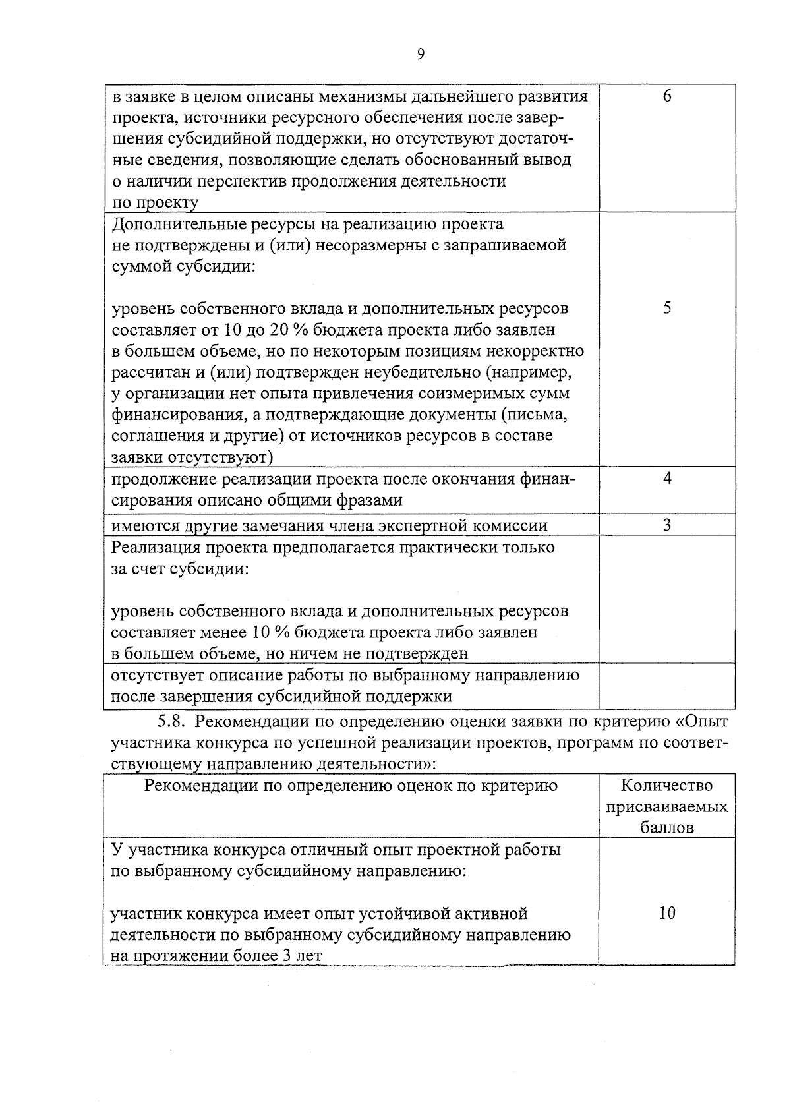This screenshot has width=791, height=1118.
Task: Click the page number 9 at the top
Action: pyautogui.click(x=421, y=55)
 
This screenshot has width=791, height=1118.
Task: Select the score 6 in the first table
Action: pyautogui.click(x=667, y=97)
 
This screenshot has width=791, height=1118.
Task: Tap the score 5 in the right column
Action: pyautogui.click(x=667, y=309)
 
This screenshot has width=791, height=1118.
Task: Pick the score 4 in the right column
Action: pyautogui.click(x=667, y=479)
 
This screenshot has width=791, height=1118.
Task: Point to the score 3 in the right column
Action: pyautogui.click(x=667, y=525)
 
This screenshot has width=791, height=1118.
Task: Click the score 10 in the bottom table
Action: pyautogui.click(x=667, y=914)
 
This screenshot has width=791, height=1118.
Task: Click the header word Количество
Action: pyautogui.click(x=667, y=786)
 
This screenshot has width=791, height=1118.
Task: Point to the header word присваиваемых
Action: pyautogui.click(x=667, y=807)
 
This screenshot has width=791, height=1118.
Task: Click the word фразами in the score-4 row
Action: pyautogui.click(x=369, y=500)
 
